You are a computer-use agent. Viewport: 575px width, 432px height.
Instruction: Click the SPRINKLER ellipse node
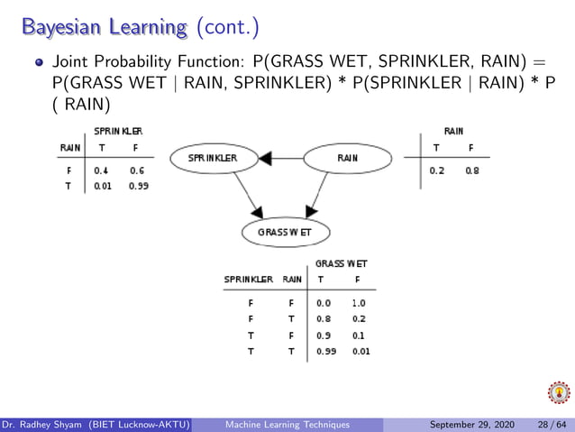(214, 158)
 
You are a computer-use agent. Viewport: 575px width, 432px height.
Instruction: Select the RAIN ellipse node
(347, 158)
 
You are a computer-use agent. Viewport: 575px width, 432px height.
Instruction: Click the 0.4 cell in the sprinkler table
(101, 170)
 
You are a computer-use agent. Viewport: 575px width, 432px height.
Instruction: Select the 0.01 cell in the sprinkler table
(101, 186)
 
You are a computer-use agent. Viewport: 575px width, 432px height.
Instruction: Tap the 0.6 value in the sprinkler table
(136, 170)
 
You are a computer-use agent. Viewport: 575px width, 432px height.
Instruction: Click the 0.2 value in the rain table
(437, 170)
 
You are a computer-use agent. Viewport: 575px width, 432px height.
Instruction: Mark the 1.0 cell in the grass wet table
(359, 303)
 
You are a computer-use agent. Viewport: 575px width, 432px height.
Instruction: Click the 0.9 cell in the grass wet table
(324, 335)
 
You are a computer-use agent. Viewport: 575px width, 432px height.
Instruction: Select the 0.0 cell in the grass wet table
(324, 303)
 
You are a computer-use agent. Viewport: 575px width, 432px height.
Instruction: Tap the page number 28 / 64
(550, 424)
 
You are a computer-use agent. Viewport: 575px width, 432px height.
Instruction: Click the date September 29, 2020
(473, 424)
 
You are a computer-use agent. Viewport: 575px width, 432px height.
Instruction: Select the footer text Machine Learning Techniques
(287, 424)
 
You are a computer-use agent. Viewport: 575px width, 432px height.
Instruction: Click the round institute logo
(559, 393)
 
